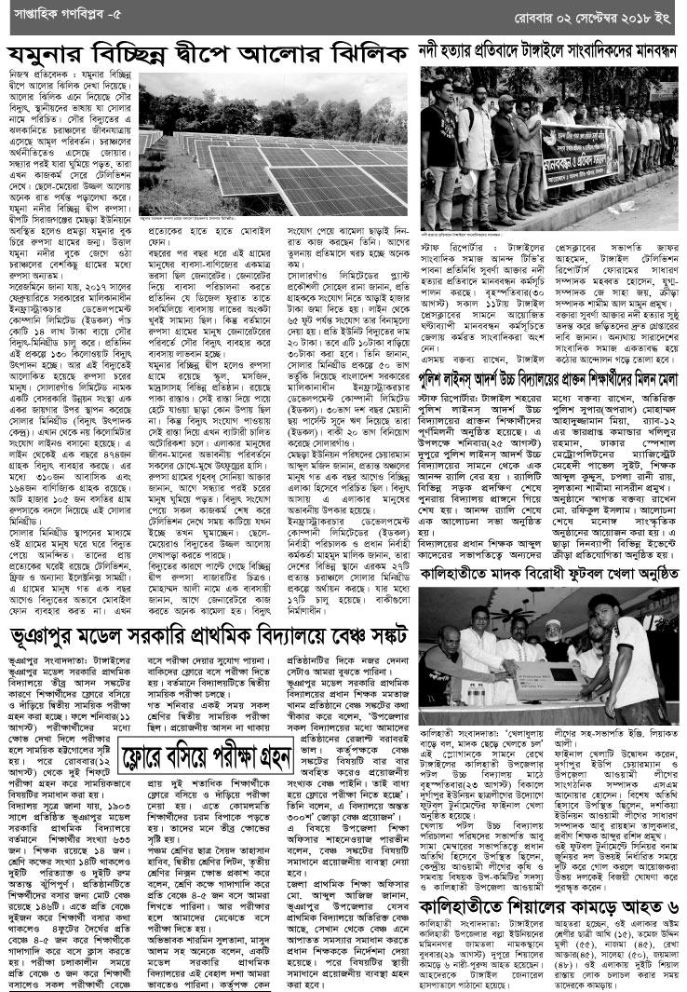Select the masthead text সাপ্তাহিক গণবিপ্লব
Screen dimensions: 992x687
tap(51, 16)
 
